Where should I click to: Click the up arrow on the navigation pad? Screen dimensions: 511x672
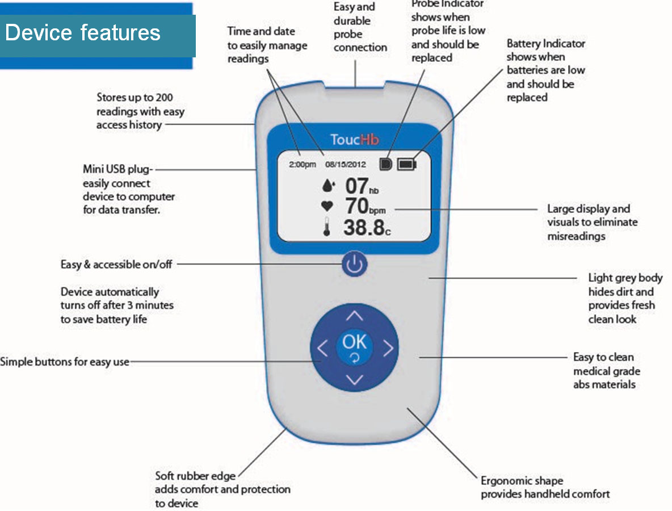click(355, 316)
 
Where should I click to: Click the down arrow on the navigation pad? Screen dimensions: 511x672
click(355, 380)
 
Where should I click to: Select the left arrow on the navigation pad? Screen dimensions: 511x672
click(322, 348)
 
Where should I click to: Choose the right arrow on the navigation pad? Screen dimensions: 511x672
click(388, 348)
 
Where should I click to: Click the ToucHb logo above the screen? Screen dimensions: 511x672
click(355, 140)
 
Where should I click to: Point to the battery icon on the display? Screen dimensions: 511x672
click(407, 165)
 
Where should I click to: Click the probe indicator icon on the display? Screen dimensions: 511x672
click(386, 165)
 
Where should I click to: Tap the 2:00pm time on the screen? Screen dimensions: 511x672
click(302, 165)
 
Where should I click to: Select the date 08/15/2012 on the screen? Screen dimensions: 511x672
click(346, 165)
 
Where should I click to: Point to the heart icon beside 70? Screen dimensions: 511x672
click(327, 207)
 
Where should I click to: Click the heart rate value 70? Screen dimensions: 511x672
click(356, 207)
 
